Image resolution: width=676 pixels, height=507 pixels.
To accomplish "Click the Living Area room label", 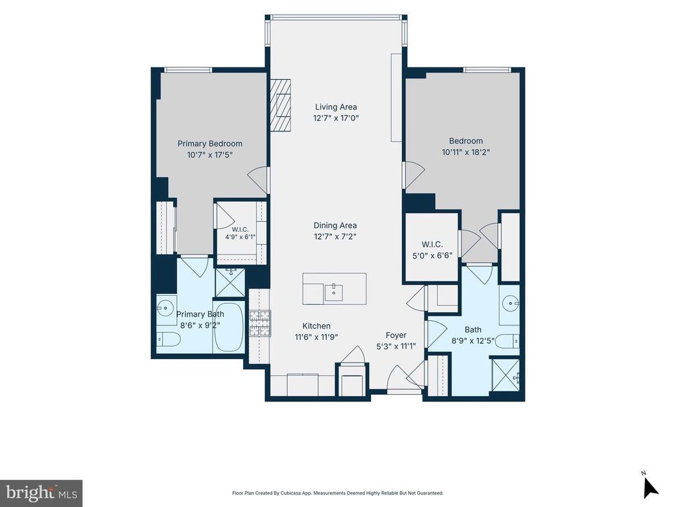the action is click(336, 107).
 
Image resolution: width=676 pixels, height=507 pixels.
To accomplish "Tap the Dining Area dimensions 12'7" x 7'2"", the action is click(335, 236).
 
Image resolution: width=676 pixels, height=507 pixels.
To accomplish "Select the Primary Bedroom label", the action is click(210, 143).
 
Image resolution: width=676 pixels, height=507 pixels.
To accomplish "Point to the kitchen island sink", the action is click(333, 292).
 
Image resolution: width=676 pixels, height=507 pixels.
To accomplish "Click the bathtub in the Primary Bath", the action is click(228, 327).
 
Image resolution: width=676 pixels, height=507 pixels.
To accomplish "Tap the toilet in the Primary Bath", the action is click(168, 339).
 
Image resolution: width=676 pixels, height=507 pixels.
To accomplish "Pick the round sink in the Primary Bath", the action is click(164, 308).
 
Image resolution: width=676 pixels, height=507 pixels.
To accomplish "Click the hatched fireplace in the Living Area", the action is click(281, 106).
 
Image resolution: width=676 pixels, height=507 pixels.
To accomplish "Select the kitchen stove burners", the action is click(260, 323).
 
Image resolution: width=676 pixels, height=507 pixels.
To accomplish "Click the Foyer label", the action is click(396, 335).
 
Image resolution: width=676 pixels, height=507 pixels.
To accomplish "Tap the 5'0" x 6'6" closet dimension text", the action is click(432, 255).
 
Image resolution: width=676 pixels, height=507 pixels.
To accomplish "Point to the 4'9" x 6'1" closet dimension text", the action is click(240, 237).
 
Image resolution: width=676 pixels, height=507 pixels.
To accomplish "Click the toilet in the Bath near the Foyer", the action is click(507, 341).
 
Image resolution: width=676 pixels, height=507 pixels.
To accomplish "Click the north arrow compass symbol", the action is click(650, 487).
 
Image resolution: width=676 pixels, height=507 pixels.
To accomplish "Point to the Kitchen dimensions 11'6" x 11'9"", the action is click(316, 337).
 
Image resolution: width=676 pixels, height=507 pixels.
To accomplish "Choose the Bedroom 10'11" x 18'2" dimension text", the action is click(465, 152).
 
